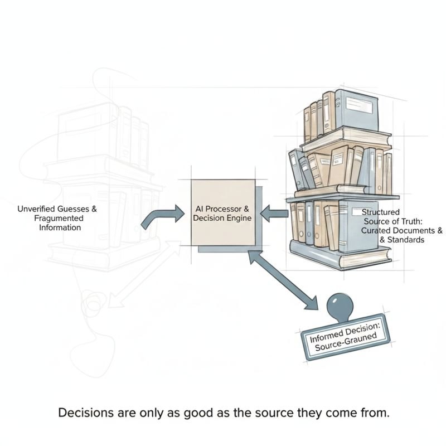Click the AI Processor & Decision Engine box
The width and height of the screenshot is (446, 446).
(x=223, y=212)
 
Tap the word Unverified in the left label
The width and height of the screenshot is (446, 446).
(x=36, y=209)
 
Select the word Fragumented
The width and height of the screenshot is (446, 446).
(x=59, y=219)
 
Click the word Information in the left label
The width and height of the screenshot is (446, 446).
(x=60, y=227)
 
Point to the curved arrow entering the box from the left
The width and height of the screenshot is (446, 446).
(x=162, y=216)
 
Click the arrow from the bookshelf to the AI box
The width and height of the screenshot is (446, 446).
(x=274, y=214)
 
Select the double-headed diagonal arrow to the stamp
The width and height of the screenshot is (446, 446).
(x=283, y=280)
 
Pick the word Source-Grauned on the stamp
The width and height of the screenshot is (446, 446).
(x=346, y=341)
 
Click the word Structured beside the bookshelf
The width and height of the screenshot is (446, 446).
(x=381, y=212)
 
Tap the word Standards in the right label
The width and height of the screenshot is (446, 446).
(x=406, y=240)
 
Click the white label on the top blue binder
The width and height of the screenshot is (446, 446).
(x=358, y=105)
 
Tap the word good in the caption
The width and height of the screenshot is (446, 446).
(x=196, y=413)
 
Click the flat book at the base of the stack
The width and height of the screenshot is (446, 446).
(x=341, y=254)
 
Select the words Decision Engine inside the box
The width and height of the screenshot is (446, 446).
(x=222, y=219)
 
